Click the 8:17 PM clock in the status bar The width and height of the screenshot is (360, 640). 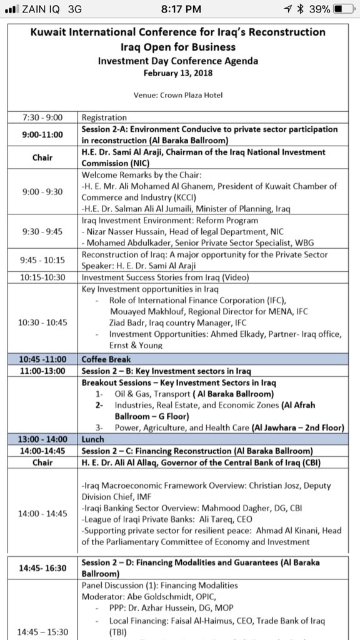[x=181, y=9]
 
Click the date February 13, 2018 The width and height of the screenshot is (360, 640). [x=177, y=72]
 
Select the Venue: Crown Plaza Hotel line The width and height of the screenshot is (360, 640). [x=178, y=96]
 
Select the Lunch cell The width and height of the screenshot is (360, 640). [x=93, y=439]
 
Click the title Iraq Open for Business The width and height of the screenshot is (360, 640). [x=178, y=46]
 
